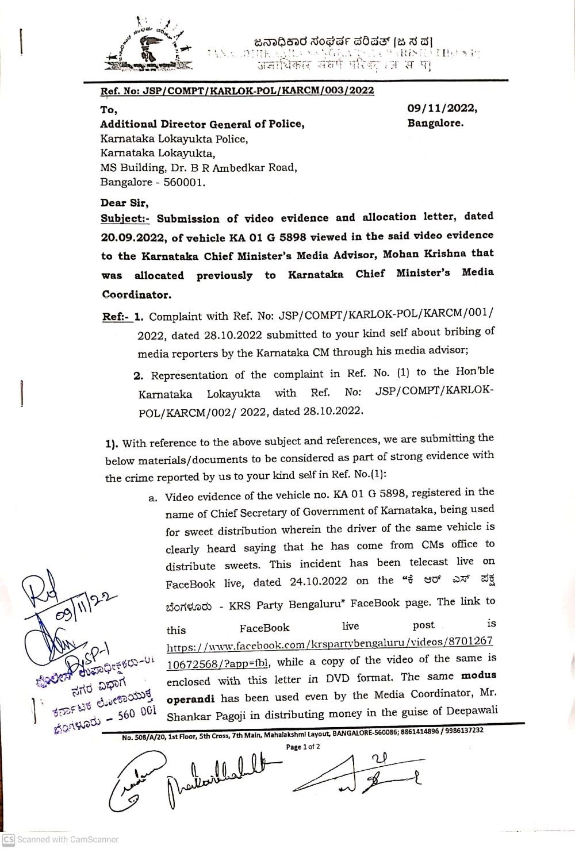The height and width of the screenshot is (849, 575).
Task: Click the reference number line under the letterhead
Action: point(237,91)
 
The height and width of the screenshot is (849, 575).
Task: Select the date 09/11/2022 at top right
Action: point(442,107)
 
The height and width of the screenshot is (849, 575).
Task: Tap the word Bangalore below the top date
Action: point(435,123)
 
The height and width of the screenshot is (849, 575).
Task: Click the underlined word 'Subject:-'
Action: point(125,219)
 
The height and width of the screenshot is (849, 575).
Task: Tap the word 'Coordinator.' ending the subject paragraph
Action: point(136,294)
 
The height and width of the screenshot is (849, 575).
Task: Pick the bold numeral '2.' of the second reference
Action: point(138,376)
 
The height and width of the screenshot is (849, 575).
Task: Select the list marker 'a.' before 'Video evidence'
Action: point(152,498)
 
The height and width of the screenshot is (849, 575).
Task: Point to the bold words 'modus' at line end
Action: point(474,675)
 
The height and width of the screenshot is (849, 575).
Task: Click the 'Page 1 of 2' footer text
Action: point(304,747)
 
